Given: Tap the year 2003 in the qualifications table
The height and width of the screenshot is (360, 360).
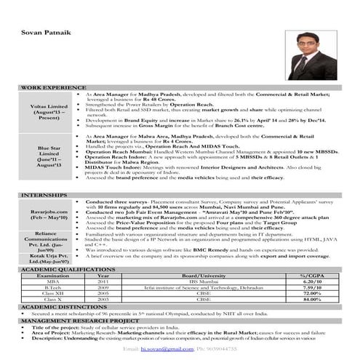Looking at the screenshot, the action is [104, 299].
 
